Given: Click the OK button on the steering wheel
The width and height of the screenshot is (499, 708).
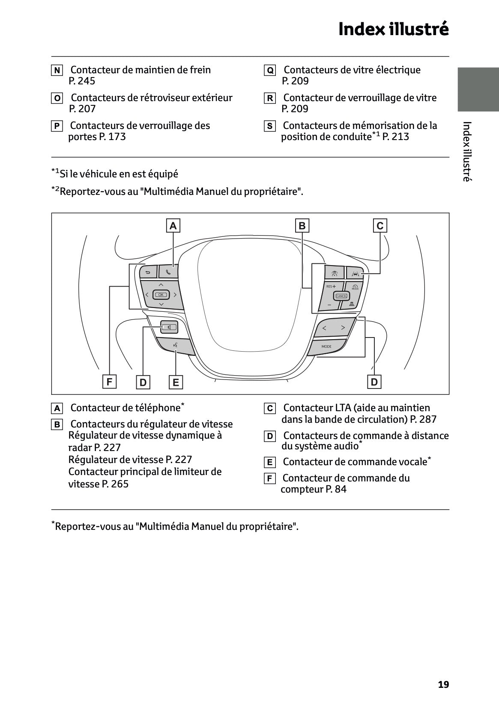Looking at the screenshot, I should (161, 295).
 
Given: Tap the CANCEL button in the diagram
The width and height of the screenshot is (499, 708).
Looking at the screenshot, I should (341, 296).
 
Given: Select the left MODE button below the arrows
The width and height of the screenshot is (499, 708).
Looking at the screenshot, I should (326, 346).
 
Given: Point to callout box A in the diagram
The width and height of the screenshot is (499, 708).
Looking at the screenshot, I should (173, 226).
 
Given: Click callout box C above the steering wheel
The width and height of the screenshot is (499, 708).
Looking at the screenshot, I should (380, 226).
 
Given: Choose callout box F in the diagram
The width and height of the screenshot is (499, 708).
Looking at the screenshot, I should (109, 382).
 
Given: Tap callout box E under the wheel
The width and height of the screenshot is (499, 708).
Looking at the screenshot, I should (176, 382).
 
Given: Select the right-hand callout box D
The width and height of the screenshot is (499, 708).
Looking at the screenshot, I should (374, 382).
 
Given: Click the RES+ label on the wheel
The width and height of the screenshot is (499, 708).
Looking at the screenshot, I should (331, 286).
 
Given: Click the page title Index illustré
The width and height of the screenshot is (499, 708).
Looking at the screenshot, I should (393, 29).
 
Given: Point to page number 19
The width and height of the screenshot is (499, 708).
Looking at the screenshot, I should (443, 684).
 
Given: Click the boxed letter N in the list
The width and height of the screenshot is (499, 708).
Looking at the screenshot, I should (57, 70).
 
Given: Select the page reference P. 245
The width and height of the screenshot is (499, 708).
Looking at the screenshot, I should (82, 81).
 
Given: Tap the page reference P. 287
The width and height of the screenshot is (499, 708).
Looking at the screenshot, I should (423, 419).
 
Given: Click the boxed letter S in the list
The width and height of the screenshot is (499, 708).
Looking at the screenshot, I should (269, 126).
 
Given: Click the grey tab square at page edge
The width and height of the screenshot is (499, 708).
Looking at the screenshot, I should (478, 89).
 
